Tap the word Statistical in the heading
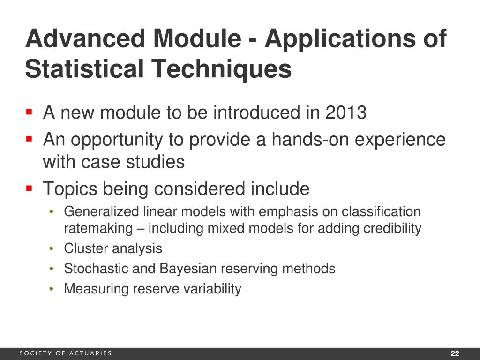click(84, 69)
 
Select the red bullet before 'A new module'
click(29, 112)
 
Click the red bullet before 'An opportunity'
click(29, 139)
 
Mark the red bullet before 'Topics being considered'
click(29, 188)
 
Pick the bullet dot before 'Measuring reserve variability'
click(51, 289)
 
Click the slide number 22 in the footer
click(454, 353)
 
